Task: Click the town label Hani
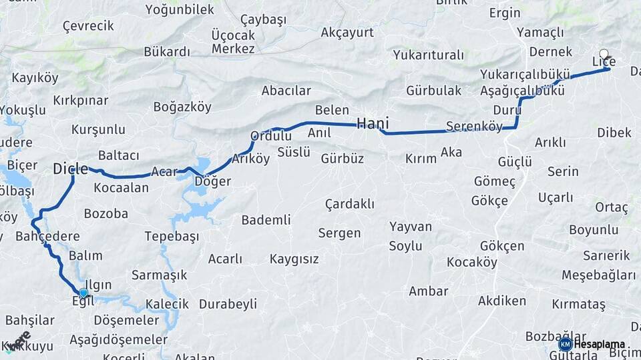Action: [x=373, y=123]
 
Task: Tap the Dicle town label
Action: [x=70, y=169]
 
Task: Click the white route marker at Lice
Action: [x=604, y=54]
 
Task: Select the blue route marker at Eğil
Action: [x=83, y=293]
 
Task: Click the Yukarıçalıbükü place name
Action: [x=524, y=74]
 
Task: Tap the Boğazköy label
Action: [x=182, y=107]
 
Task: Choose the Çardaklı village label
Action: [x=350, y=204]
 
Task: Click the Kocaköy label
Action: [x=472, y=262]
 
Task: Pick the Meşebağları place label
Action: [x=598, y=275]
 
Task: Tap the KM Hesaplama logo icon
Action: [x=566, y=344]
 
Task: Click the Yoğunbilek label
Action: [x=180, y=9]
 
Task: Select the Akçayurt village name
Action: [x=347, y=32]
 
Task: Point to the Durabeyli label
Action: [x=228, y=304]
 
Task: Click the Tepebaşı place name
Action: [x=172, y=237]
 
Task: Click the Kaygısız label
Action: [x=294, y=259]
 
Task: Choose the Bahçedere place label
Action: [x=47, y=236]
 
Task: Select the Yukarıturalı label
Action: [x=428, y=55]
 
